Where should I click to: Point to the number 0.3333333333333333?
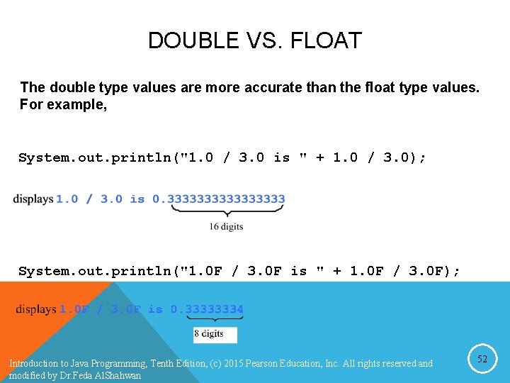point(219,199)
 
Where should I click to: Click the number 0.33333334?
point(207,309)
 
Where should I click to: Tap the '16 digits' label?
point(226,226)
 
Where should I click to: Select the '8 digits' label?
point(208,333)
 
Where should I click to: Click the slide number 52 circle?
point(482,360)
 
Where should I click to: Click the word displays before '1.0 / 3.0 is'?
point(33,199)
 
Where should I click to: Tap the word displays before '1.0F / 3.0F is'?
point(36,309)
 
